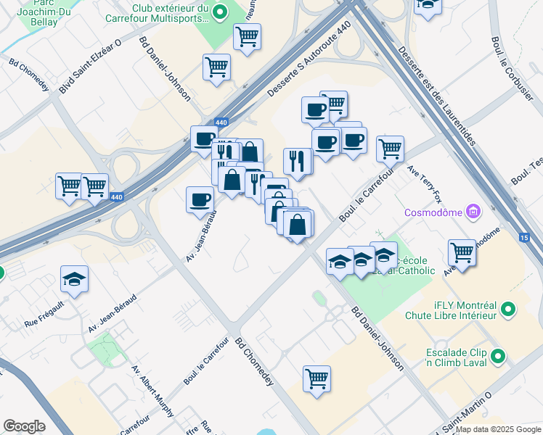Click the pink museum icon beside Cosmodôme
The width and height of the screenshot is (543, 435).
point(474,212)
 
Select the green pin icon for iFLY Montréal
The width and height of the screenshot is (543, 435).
point(508,310)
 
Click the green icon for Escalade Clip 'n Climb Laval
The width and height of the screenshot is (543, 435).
point(498,356)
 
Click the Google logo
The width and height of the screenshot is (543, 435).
point(24,426)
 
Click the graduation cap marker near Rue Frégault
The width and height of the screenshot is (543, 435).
point(74,280)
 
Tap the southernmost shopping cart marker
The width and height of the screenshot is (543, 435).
point(317,378)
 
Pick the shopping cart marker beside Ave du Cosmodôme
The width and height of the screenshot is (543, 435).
point(462,252)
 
